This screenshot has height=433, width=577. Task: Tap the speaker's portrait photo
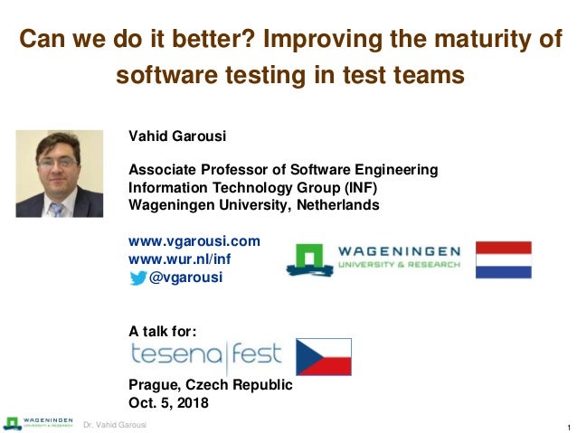point(60,174)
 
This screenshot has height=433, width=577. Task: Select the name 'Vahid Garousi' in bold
point(177,136)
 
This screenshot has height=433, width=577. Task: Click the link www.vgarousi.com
point(194,240)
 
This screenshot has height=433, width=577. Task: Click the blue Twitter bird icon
point(137,278)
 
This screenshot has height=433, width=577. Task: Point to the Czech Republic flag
point(324,356)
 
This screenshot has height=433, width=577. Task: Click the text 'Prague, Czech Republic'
point(211,384)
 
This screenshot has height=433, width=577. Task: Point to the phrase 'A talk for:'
point(163,330)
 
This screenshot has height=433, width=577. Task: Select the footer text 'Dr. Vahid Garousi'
point(115,425)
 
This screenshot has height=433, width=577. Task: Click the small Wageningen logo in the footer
point(38,423)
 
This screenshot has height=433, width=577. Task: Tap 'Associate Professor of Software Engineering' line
point(270,169)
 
